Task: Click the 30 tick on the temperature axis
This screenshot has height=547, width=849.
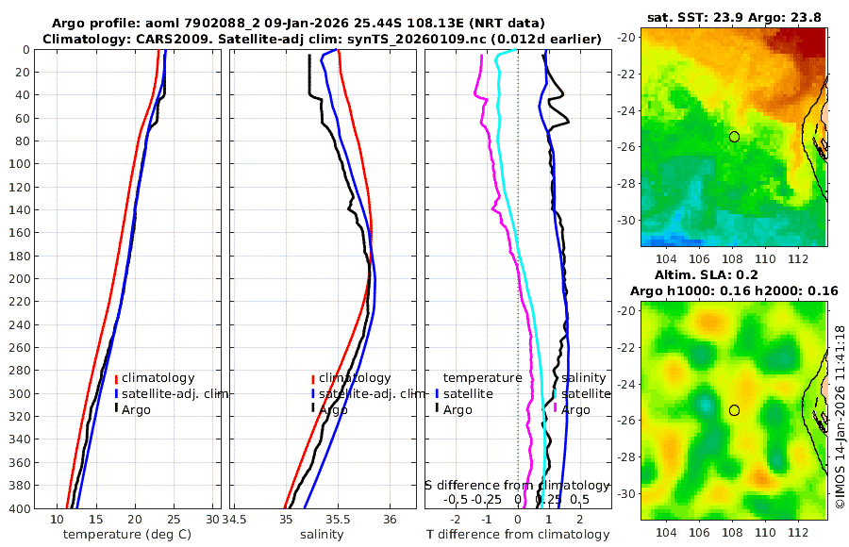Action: (x=212, y=520)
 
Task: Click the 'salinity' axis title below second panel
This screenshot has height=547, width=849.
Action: (x=322, y=535)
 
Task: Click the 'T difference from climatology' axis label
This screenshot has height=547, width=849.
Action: (x=518, y=535)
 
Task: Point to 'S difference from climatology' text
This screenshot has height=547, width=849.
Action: (x=517, y=484)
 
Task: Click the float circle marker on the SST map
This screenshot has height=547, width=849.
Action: (x=734, y=137)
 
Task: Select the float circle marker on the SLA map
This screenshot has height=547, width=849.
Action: (x=734, y=410)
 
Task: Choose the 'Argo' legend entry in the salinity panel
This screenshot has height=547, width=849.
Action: (x=332, y=409)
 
